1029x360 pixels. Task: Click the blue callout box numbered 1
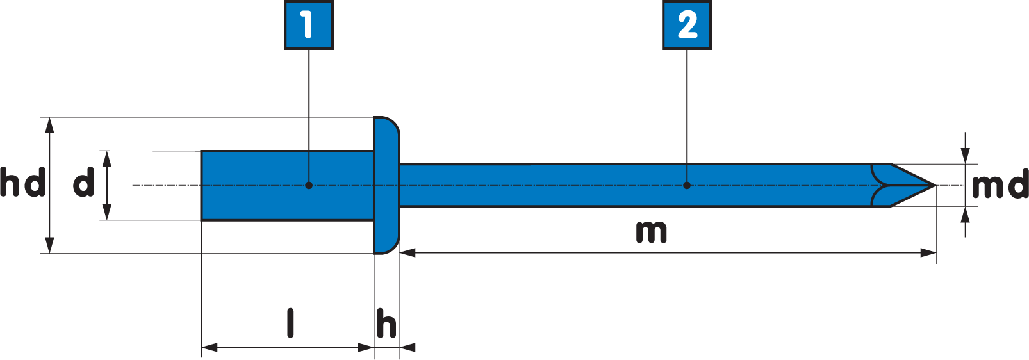[x=308, y=25]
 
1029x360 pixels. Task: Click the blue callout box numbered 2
[x=687, y=25]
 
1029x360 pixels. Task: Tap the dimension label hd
[x=23, y=183]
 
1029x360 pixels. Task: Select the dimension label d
[x=84, y=183]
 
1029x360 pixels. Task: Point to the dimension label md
[x=999, y=186]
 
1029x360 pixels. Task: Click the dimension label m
[x=651, y=231]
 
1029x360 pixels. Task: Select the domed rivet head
[x=386, y=185]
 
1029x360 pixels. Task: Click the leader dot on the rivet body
[x=309, y=185]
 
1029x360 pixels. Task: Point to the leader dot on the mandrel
[x=687, y=185]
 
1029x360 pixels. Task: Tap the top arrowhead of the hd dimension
[x=50, y=126]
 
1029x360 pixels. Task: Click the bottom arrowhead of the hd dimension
[x=50, y=245]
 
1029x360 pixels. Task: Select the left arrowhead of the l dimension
[x=210, y=348]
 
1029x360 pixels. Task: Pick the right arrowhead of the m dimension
[x=929, y=253]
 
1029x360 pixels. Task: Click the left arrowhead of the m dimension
[x=407, y=253]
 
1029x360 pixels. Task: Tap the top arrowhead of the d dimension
[x=107, y=158]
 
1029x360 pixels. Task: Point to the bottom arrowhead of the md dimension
[x=966, y=215]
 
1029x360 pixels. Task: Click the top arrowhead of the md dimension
[x=966, y=156]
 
